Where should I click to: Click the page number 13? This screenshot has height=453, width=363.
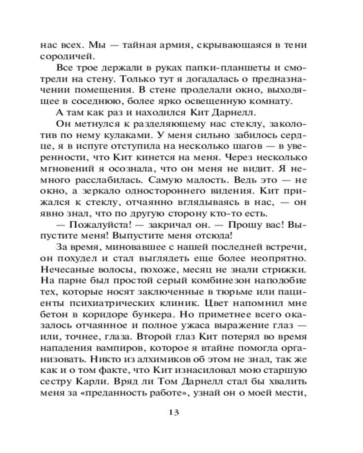click(174, 412)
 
